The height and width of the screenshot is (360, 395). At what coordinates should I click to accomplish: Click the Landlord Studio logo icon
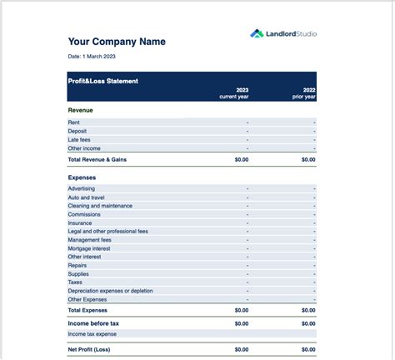[257, 34]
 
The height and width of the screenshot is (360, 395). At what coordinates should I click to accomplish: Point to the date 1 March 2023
[92, 57]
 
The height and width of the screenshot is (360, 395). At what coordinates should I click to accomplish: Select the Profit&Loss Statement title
[103, 81]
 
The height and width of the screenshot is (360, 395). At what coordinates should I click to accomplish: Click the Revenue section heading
[80, 109]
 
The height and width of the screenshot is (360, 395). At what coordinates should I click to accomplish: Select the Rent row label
[74, 122]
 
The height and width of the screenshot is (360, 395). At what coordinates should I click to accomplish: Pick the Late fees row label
[80, 140]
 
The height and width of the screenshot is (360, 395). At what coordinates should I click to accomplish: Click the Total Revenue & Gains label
[97, 159]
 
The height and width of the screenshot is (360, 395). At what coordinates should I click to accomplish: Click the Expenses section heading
[82, 177]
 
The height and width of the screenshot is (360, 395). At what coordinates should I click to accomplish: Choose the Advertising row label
[82, 188]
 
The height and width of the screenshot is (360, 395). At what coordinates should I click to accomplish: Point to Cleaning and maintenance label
[100, 206]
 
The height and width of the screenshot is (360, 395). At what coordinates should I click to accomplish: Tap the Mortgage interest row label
[90, 248]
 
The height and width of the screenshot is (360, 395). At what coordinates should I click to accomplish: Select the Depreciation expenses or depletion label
[111, 291]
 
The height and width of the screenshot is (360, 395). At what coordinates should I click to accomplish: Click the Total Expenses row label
[87, 310]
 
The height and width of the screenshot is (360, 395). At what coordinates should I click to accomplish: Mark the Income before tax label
[93, 323]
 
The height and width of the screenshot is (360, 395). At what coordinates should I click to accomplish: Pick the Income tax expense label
[92, 334]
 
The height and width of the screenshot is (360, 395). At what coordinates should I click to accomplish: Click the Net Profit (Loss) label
[89, 350]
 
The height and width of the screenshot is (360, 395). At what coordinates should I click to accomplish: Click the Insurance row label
[80, 222]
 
